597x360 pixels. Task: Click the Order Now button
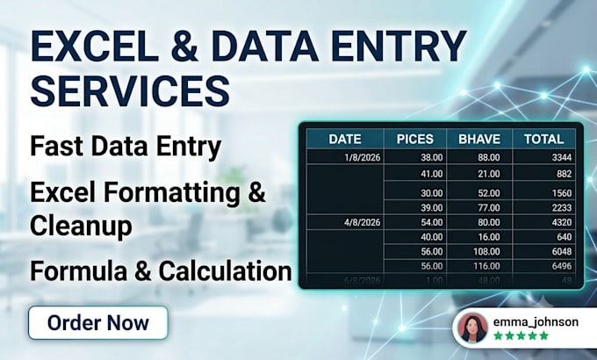97,322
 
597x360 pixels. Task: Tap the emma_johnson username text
536,322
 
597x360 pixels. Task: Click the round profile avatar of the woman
472,328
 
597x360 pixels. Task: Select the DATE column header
345,139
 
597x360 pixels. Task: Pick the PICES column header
415,139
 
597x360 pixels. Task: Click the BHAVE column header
479,139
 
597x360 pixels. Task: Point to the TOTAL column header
543,139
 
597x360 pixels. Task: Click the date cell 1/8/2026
362,157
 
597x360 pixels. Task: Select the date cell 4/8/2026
362,222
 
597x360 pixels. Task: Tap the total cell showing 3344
562,157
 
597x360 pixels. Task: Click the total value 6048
562,251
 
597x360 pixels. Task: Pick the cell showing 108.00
486,251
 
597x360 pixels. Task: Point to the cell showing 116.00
486,266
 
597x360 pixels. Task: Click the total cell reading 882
565,174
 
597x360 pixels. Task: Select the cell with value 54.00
432,222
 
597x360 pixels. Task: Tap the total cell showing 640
565,237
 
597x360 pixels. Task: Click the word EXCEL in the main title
95,46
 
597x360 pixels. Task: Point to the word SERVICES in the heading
130,91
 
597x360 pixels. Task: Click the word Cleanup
81,226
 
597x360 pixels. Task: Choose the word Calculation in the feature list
225,270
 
